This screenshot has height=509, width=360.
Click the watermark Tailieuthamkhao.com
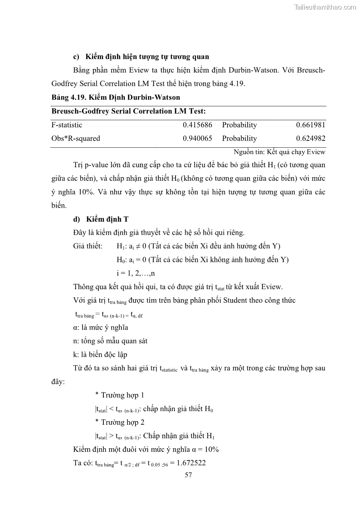pyautogui.click(x=325, y=7)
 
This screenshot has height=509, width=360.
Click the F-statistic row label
pyautogui.click(x=67, y=125)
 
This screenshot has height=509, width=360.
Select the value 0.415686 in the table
pyautogui.click(x=198, y=125)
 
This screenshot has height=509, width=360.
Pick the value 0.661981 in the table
pyautogui.click(x=311, y=125)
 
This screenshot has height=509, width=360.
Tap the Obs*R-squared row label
pyautogui.click(x=76, y=138)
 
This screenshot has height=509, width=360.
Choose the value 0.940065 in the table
pyautogui.click(x=198, y=138)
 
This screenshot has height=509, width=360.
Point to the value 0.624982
pyautogui.click(x=311, y=138)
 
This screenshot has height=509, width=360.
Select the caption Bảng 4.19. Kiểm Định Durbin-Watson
pyautogui.click(x=116, y=97)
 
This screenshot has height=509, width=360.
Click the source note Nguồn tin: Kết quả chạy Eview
pyautogui.click(x=279, y=152)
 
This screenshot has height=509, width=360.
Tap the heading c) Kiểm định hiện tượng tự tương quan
pyautogui.click(x=141, y=57)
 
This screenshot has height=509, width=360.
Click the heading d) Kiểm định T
pyautogui.click(x=101, y=219)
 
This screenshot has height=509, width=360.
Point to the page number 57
pyautogui.click(x=189, y=475)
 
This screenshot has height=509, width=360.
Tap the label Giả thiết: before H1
pyautogui.click(x=88, y=246)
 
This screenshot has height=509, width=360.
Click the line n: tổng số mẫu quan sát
pyautogui.click(x=110, y=341)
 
